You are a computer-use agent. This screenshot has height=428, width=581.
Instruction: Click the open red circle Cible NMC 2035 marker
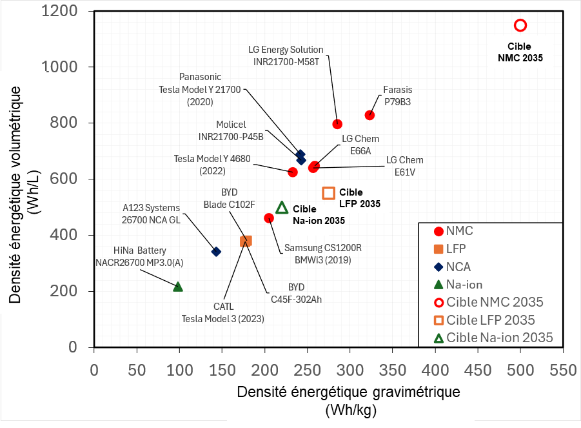(520, 25)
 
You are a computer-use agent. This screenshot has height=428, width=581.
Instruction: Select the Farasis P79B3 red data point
(369, 115)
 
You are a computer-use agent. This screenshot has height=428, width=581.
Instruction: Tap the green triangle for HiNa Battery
(178, 287)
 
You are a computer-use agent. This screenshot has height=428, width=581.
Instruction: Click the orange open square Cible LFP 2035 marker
(328, 192)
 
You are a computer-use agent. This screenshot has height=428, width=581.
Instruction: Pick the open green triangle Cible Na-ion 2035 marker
(282, 207)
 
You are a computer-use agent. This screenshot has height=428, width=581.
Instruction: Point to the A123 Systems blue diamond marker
(216, 252)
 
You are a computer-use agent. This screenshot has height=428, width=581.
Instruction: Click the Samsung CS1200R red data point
(269, 218)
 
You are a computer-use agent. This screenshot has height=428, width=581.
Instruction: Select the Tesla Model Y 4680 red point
(292, 172)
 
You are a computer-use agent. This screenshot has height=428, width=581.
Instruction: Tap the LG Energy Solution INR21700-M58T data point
(337, 124)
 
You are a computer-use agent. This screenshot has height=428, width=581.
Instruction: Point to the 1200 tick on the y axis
(64, 12)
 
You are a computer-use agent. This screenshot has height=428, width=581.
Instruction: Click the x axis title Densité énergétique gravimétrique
(348, 392)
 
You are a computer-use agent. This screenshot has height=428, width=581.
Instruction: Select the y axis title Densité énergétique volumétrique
(22, 179)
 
